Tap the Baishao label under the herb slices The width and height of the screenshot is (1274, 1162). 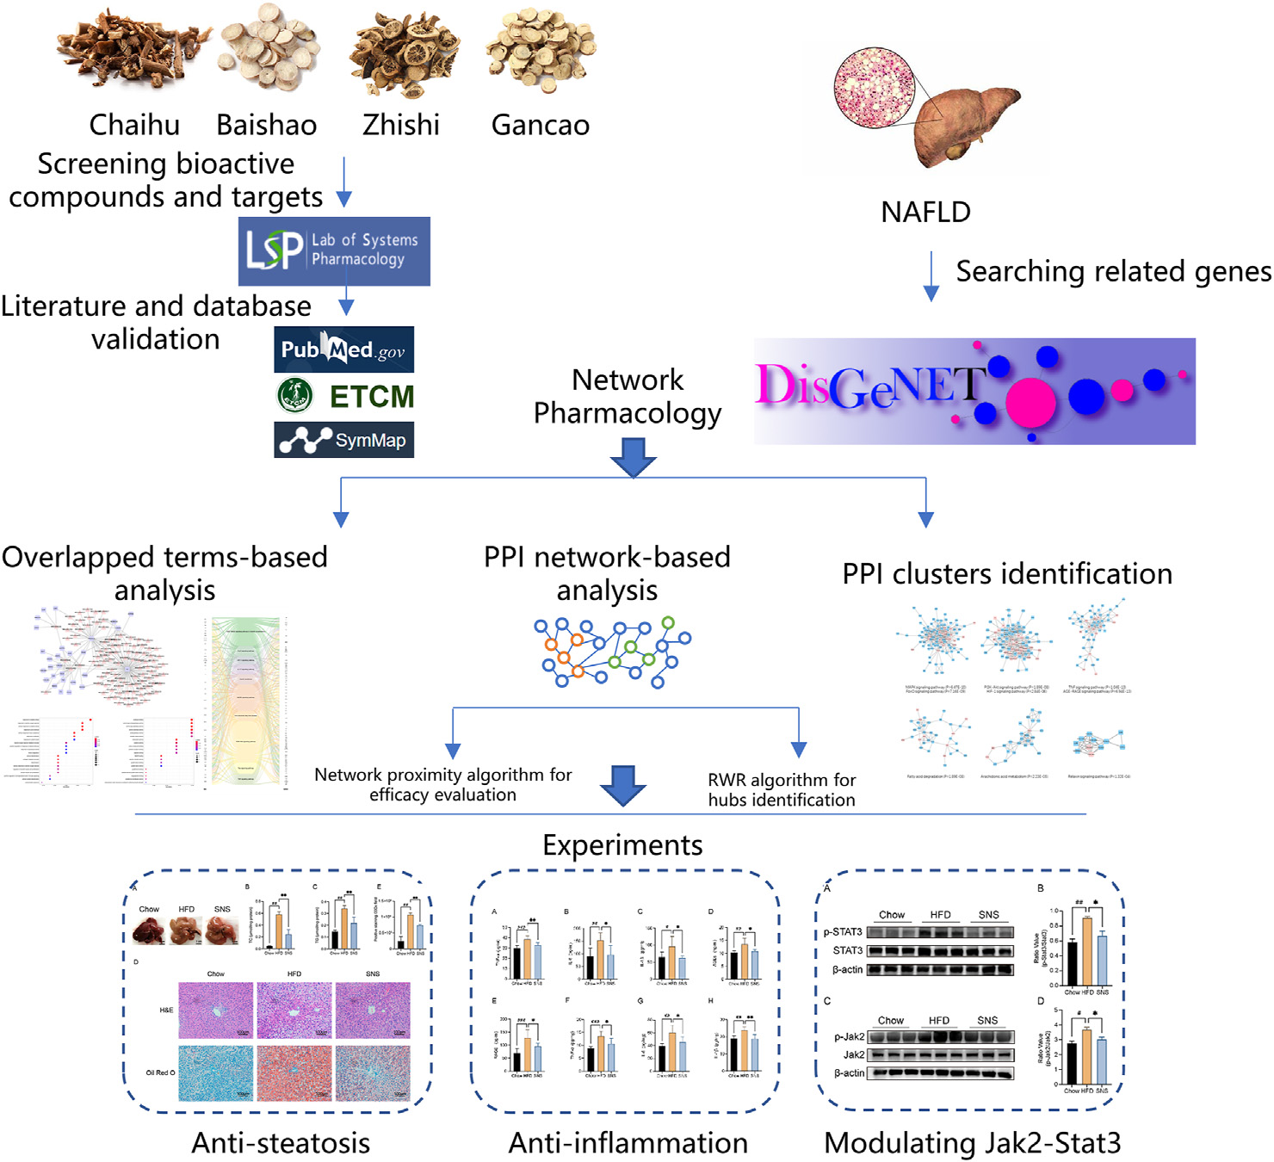[266, 125]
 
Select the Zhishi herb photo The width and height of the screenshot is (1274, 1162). [405, 53]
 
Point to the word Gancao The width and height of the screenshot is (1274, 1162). [540, 125]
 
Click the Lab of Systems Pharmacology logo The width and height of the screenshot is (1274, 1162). [334, 250]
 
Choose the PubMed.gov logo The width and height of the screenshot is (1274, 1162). [343, 349]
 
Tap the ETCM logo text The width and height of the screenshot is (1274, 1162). [371, 397]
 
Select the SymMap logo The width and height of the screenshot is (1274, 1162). [343, 440]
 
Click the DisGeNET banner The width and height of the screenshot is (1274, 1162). [974, 391]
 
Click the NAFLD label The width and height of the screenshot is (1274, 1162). [925, 212]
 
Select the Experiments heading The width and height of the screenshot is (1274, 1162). [622, 845]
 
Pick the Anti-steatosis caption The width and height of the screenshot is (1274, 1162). [281, 1143]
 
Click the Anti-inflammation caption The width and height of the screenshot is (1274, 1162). [628, 1143]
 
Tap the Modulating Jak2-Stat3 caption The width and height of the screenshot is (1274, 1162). [972, 1143]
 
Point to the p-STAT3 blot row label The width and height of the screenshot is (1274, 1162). [843, 932]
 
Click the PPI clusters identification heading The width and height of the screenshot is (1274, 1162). [1006, 574]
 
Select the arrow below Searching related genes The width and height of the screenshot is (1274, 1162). [931, 277]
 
